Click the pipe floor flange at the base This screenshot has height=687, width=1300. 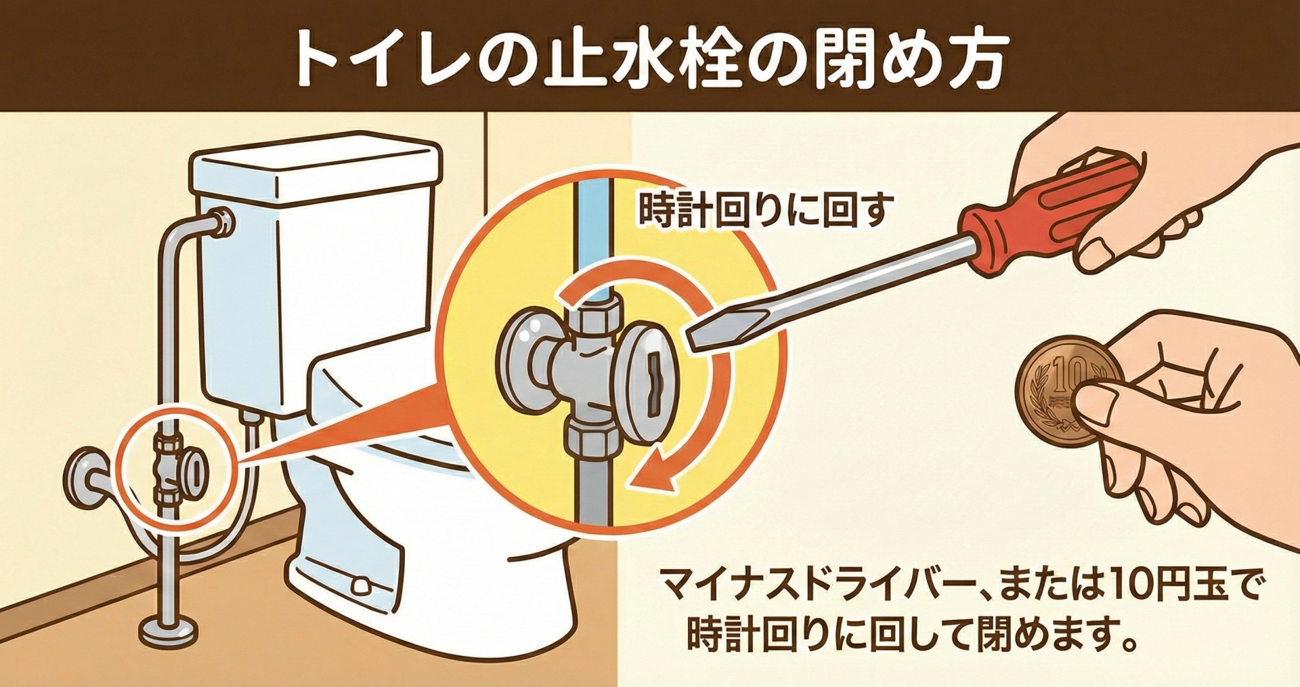coord(169,630)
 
